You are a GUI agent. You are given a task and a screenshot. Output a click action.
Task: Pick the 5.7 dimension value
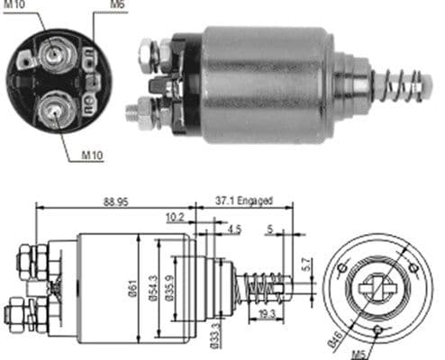tap(305, 266)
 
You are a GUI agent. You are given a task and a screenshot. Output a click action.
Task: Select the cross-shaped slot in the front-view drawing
tap(377, 290)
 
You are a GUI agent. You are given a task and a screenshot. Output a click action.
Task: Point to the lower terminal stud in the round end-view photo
tap(55, 110)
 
